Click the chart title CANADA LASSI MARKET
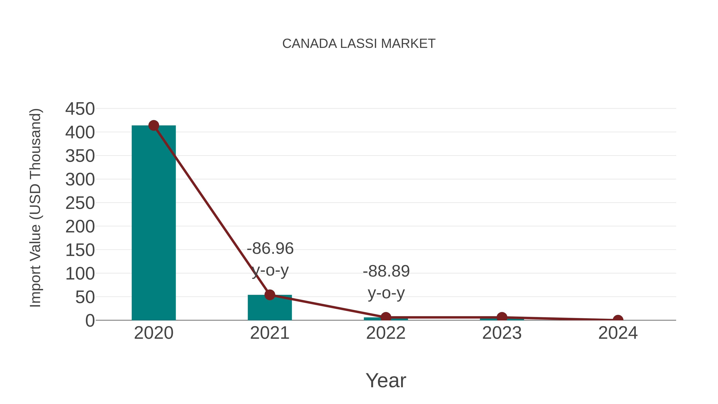359,44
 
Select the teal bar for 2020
154,223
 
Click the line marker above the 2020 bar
154,125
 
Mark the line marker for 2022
386,317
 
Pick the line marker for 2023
502,317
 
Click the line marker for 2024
618,320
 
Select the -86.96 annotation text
270,248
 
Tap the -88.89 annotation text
386,271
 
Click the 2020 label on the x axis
154,333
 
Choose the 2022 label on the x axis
386,333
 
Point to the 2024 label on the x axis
618,333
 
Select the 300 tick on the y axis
80,180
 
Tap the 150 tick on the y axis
80,250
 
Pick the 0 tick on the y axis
90,321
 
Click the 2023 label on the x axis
502,333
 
